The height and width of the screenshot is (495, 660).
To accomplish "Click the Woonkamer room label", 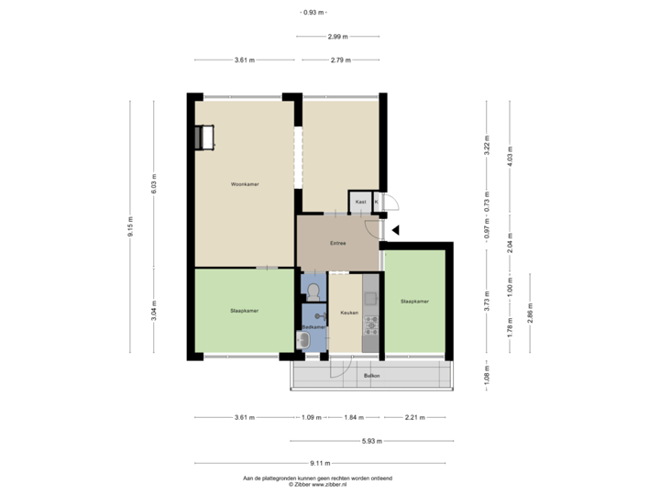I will pos(245,184).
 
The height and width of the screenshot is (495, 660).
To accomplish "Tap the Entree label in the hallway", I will pos(338,243).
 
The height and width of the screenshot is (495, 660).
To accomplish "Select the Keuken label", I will pos(348,313).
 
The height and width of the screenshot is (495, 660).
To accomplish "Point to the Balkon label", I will pos(371,376).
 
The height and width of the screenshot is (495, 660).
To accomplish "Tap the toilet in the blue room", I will pos(313,292).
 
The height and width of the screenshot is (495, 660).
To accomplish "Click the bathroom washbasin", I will pos(303,341).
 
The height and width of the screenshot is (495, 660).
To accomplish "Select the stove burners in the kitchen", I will pos(371,322).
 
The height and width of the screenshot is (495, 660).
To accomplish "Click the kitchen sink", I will pos(371,297).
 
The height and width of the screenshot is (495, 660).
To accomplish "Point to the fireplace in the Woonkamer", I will pos(202,137).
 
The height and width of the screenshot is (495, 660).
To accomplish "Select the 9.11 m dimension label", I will pos(321,463).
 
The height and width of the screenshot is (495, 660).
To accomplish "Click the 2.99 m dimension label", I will pos(337,37).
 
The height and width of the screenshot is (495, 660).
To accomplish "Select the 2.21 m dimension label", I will pos(414,418).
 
